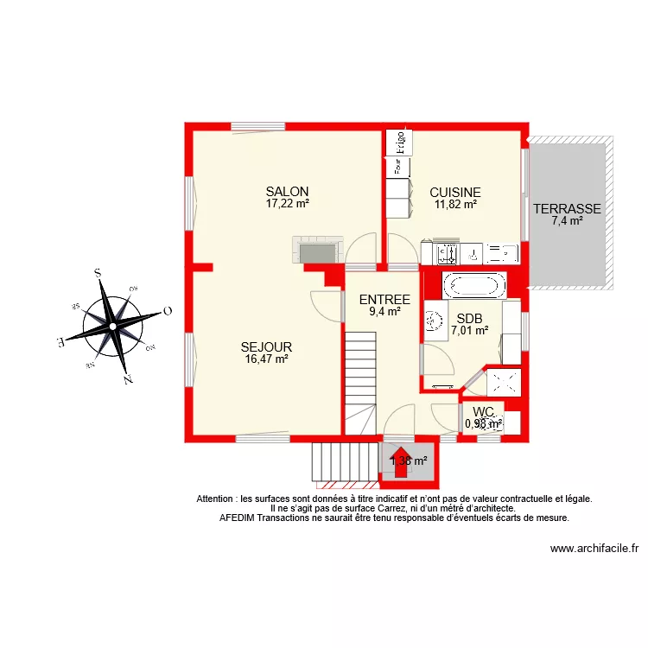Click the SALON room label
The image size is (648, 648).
(287, 192)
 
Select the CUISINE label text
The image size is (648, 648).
(454, 193)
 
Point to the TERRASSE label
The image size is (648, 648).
(567, 209)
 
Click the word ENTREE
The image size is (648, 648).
(384, 300)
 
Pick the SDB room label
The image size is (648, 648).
(469, 317)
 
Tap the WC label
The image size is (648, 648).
(484, 411)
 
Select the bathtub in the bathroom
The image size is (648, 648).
(473, 284)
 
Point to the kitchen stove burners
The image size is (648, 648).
(448, 253)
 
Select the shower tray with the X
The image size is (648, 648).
(505, 382)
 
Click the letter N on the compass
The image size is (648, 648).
(127, 378)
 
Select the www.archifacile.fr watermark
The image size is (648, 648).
(594, 548)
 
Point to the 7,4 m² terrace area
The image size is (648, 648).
(567, 221)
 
